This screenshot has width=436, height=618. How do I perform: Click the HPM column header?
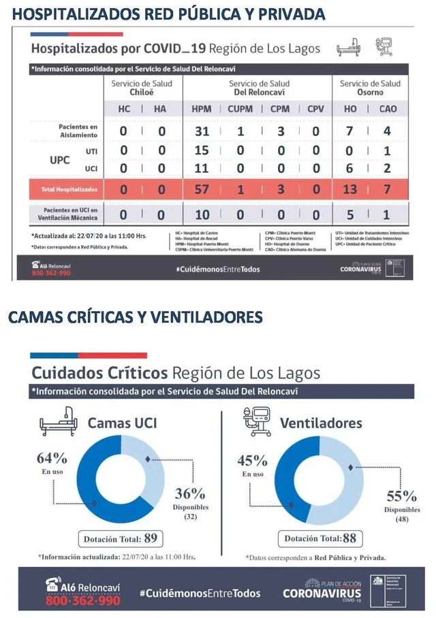[201, 108]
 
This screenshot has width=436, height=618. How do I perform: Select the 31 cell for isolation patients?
[201, 131]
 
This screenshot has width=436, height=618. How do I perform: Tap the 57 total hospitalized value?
[201, 189]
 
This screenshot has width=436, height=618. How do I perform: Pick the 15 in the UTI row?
[201, 150]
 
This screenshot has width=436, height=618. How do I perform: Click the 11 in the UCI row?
[201, 167]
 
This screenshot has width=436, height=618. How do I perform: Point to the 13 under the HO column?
[349, 189]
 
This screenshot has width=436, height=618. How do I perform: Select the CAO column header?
[388, 108]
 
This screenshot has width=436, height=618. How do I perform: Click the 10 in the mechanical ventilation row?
[201, 214]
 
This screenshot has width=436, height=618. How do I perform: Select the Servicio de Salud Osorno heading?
[370, 87]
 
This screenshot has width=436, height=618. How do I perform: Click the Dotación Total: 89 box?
[121, 539]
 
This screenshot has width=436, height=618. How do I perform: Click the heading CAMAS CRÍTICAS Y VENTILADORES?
[135, 317]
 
